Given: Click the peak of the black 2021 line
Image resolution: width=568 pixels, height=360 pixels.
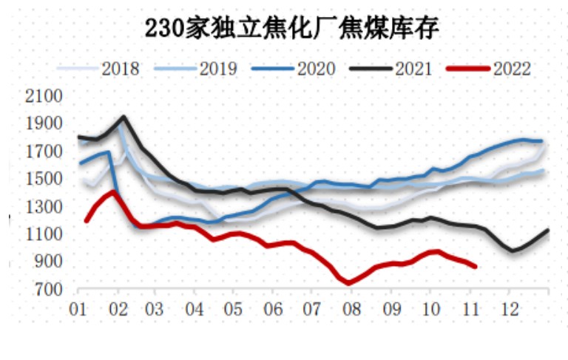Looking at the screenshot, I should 123,117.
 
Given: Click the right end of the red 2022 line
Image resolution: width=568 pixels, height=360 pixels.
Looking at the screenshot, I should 475,266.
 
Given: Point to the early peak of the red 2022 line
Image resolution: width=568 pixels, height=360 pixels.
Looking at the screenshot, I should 113,191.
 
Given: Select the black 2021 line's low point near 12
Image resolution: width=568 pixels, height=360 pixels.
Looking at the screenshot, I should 512,251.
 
